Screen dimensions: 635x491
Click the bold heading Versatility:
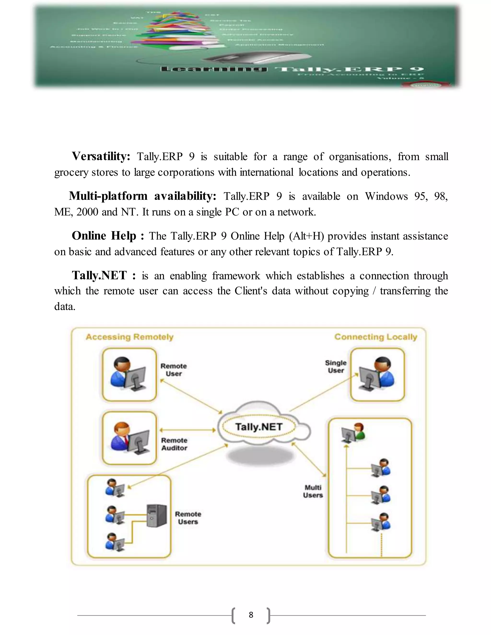[x=101, y=156]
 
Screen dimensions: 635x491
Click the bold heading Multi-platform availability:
[x=143, y=196]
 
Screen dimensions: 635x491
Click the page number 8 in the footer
[x=251, y=615]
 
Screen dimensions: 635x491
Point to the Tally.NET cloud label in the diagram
[x=259, y=427]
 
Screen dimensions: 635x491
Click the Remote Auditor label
[x=174, y=444]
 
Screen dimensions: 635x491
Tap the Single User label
[x=336, y=366]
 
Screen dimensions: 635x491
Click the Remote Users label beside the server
[x=188, y=518]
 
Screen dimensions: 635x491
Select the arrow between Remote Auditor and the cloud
[x=188, y=430]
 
